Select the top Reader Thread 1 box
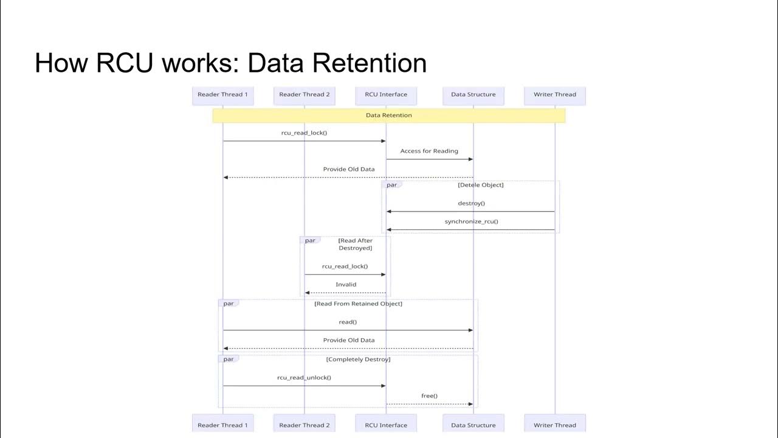222,95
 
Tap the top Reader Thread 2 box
305,95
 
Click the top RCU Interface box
386,95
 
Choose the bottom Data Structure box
473,425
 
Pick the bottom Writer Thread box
554,425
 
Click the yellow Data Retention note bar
389,116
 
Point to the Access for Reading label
429,151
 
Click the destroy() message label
471,203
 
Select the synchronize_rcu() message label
471,221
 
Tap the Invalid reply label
346,285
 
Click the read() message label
348,322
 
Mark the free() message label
429,396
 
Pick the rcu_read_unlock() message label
304,378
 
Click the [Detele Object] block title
480,185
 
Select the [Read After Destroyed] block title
355,245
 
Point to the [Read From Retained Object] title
358,304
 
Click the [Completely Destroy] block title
358,360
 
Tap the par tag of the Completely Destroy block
229,360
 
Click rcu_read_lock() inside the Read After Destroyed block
345,266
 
